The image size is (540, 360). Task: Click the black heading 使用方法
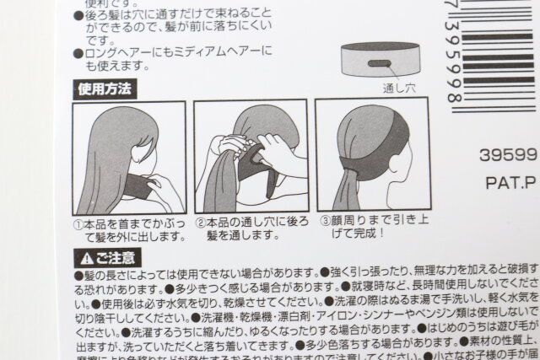(106, 88)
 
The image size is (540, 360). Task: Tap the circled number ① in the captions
(78, 224)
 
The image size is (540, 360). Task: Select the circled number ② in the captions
(200, 224)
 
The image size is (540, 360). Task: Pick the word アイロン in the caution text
(337, 319)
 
